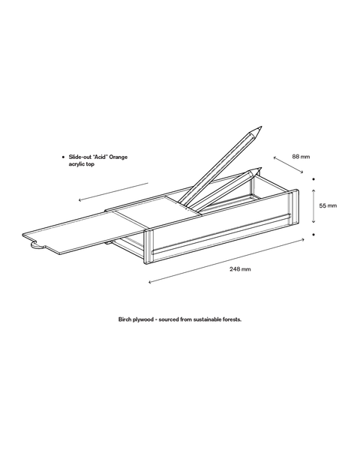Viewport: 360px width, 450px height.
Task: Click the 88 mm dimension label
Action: click(301, 157)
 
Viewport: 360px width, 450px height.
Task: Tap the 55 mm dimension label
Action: click(328, 205)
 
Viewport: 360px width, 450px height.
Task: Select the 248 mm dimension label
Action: click(240, 269)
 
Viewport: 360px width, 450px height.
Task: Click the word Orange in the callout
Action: click(118, 157)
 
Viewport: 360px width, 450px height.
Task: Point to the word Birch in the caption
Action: click(125, 319)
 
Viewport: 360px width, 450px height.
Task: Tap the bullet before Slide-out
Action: click(64, 157)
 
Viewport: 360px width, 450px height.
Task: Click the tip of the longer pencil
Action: click(262, 127)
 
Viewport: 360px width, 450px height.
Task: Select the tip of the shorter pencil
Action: click(261, 168)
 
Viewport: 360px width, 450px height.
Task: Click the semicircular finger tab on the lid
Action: click(36, 245)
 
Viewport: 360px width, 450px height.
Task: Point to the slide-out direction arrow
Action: click(113, 192)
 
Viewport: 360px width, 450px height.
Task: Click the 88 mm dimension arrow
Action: click(288, 165)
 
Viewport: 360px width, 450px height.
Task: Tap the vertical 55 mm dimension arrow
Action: click(313, 205)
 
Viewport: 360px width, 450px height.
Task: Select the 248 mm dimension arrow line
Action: click(226, 260)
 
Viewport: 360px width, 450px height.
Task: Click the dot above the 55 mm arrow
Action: click(313, 179)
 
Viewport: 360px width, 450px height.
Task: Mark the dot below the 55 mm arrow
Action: click(313, 235)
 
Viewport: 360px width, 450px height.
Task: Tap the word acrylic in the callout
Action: click(76, 164)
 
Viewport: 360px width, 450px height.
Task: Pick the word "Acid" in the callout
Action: click(99, 157)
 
